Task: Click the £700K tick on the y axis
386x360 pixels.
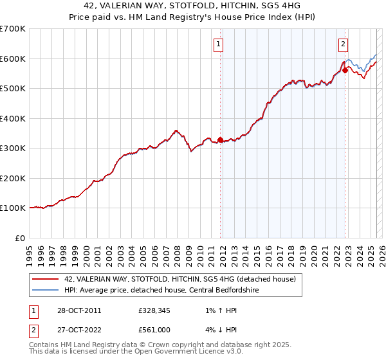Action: (13, 29)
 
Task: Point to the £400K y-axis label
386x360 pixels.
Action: (13, 118)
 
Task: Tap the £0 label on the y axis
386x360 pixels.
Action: (21, 238)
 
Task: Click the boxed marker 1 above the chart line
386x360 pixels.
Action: (219, 44)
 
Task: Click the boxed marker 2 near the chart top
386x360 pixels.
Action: (343, 44)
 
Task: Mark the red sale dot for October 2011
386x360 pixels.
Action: (221, 139)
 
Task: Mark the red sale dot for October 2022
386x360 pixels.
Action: (345, 71)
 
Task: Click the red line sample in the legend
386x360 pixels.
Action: (45, 279)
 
